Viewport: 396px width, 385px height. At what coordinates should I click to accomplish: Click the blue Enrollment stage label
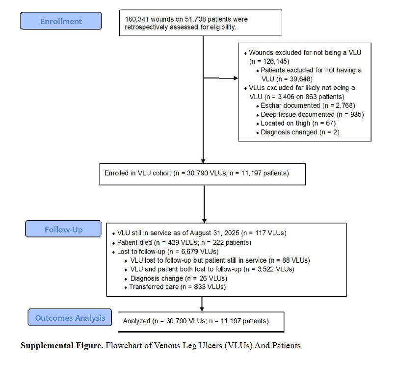click(61, 21)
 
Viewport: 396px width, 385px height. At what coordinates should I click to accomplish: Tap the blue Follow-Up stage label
click(63, 229)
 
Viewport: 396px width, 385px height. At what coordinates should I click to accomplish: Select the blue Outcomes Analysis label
click(70, 317)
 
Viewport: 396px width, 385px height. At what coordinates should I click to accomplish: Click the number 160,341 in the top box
click(136, 20)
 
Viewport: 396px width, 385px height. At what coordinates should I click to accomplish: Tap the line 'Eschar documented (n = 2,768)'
click(308, 105)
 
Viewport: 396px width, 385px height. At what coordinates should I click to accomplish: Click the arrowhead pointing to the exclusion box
click(236, 78)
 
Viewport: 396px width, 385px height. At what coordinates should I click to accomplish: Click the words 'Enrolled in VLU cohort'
click(137, 173)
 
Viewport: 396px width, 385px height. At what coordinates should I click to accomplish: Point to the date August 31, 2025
click(214, 233)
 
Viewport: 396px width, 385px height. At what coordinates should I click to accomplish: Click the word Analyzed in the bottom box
click(136, 321)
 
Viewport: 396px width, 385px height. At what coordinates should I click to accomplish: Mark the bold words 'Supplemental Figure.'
click(62, 345)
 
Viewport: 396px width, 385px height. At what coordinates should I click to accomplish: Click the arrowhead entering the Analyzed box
click(202, 309)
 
